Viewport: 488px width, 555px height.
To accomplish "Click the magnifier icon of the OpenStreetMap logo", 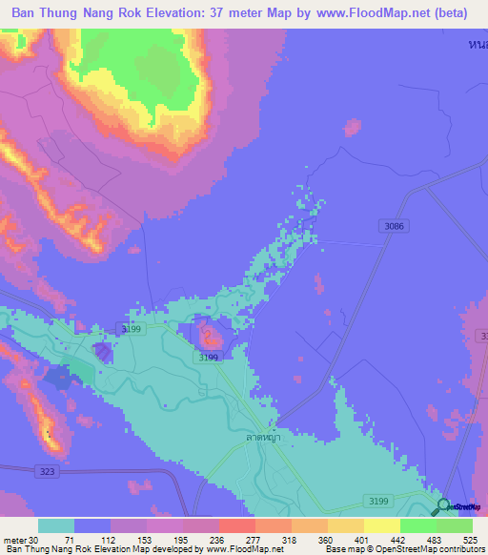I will (443, 506).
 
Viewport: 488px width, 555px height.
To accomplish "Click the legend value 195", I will (183, 539).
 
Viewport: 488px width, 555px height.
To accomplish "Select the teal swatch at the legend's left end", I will (56, 525).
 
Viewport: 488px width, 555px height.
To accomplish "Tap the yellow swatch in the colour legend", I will (382, 525).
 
